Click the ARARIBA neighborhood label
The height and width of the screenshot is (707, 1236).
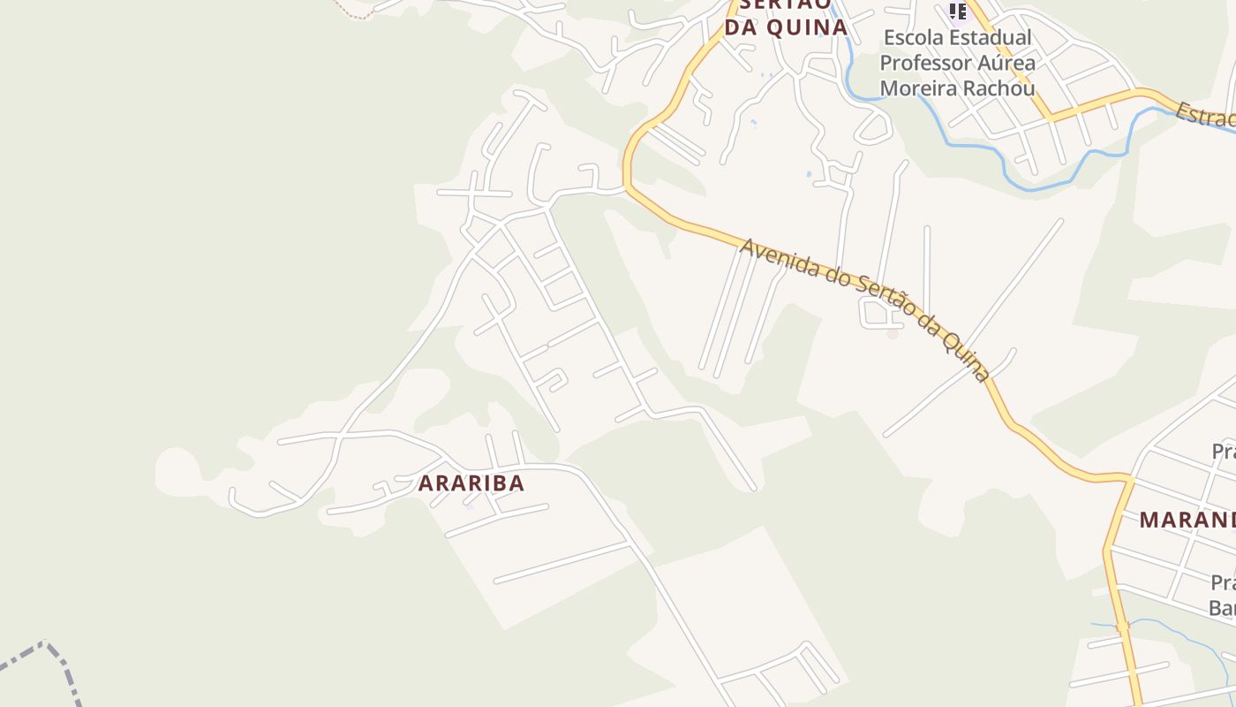pos(471,483)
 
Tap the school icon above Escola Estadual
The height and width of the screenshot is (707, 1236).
pos(958,11)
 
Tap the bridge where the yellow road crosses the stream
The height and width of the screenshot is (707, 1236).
pos(1122,627)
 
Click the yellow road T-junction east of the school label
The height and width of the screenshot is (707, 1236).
pos(1051,117)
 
